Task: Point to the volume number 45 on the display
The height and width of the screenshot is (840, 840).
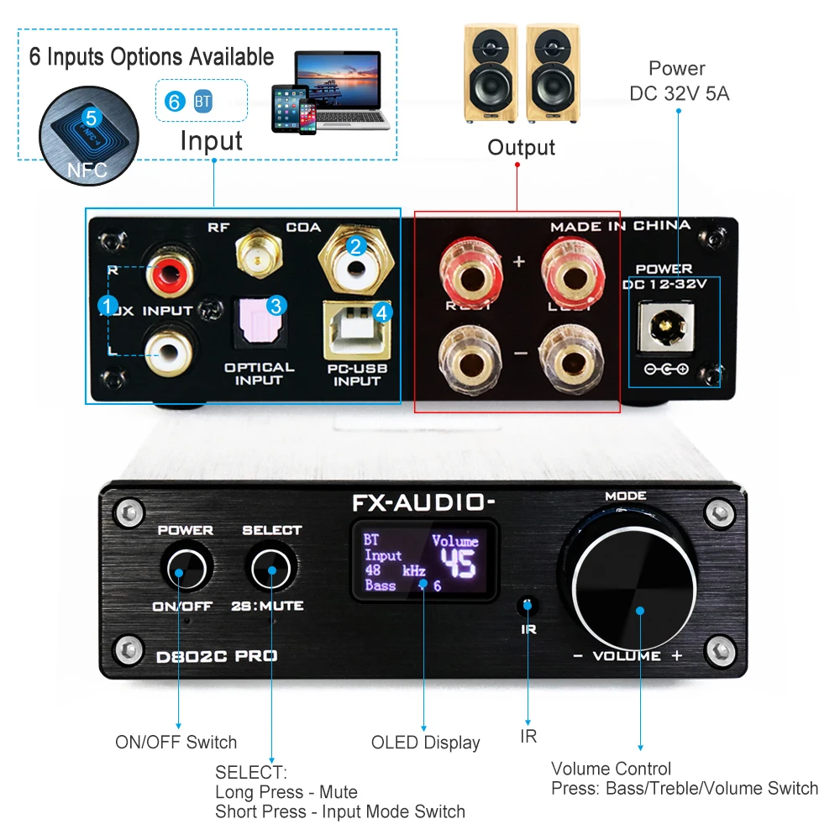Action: (459, 564)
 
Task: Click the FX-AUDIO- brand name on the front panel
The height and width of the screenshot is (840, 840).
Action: (423, 503)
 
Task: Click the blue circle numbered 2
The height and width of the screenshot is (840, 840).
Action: (356, 245)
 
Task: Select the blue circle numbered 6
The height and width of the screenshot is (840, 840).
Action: (175, 102)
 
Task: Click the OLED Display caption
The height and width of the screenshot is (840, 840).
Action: (425, 743)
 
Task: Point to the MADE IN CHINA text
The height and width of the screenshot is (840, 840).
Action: (620, 226)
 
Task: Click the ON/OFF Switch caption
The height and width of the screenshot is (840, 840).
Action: (176, 743)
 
